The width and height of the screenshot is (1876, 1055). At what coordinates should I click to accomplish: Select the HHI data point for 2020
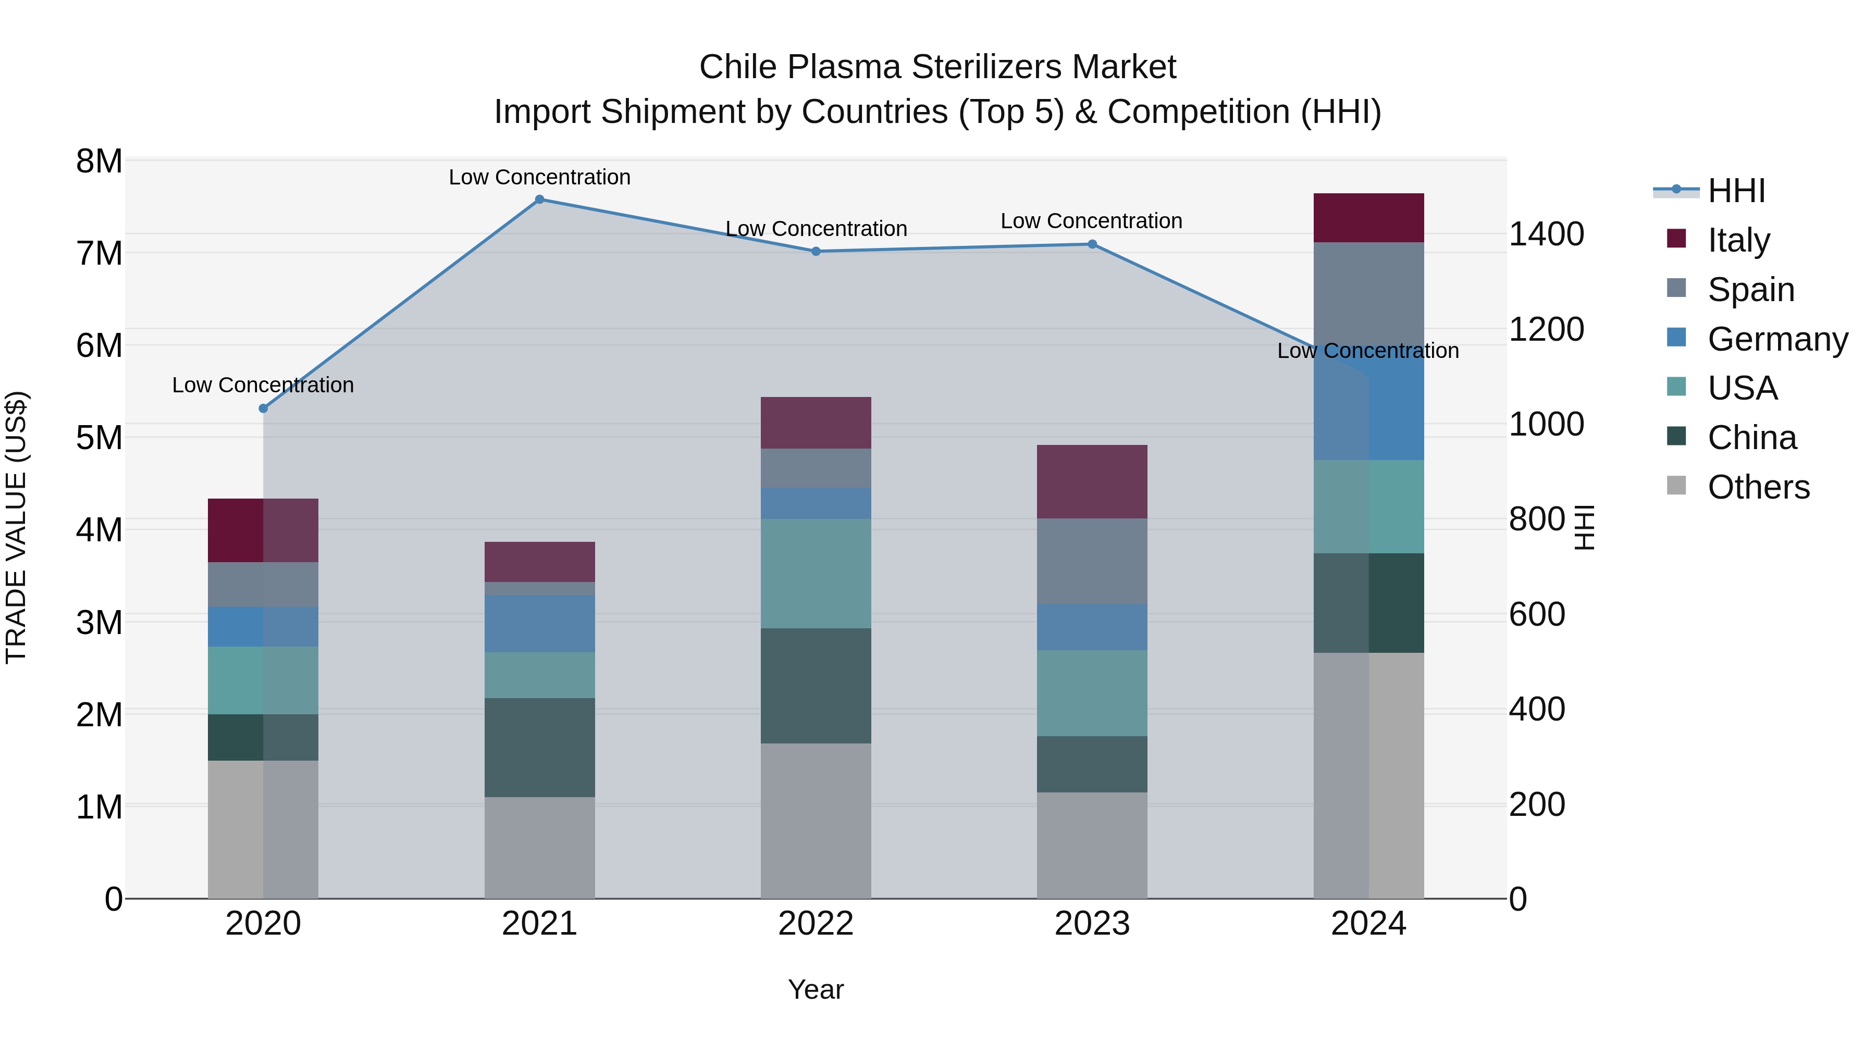(264, 408)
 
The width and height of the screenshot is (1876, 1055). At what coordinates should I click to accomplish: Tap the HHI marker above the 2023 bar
(1092, 245)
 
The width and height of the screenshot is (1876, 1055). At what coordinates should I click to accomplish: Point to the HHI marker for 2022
(816, 251)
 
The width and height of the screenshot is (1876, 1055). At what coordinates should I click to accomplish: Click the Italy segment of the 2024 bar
(1368, 218)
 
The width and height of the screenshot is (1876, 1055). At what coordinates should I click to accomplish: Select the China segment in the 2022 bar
(816, 685)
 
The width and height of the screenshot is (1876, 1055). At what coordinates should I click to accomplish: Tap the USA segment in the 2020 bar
(264, 680)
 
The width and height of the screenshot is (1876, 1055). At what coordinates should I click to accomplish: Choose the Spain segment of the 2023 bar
(1092, 561)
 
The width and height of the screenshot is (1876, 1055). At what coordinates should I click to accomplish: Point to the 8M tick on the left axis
(99, 162)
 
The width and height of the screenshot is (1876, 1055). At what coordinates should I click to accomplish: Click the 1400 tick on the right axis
(1546, 234)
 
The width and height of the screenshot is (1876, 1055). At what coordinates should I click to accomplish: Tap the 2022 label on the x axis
(816, 924)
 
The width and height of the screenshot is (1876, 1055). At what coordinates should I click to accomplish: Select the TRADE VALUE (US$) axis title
(16, 527)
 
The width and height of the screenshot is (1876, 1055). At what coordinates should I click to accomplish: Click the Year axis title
(816, 989)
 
